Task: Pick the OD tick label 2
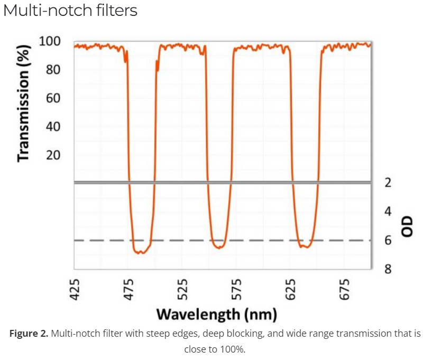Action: tap(388, 183)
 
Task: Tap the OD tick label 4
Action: tap(388, 211)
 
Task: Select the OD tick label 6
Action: tap(388, 241)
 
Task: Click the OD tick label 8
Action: tap(388, 269)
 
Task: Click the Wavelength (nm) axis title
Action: tap(217, 315)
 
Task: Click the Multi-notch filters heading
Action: tap(70, 11)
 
